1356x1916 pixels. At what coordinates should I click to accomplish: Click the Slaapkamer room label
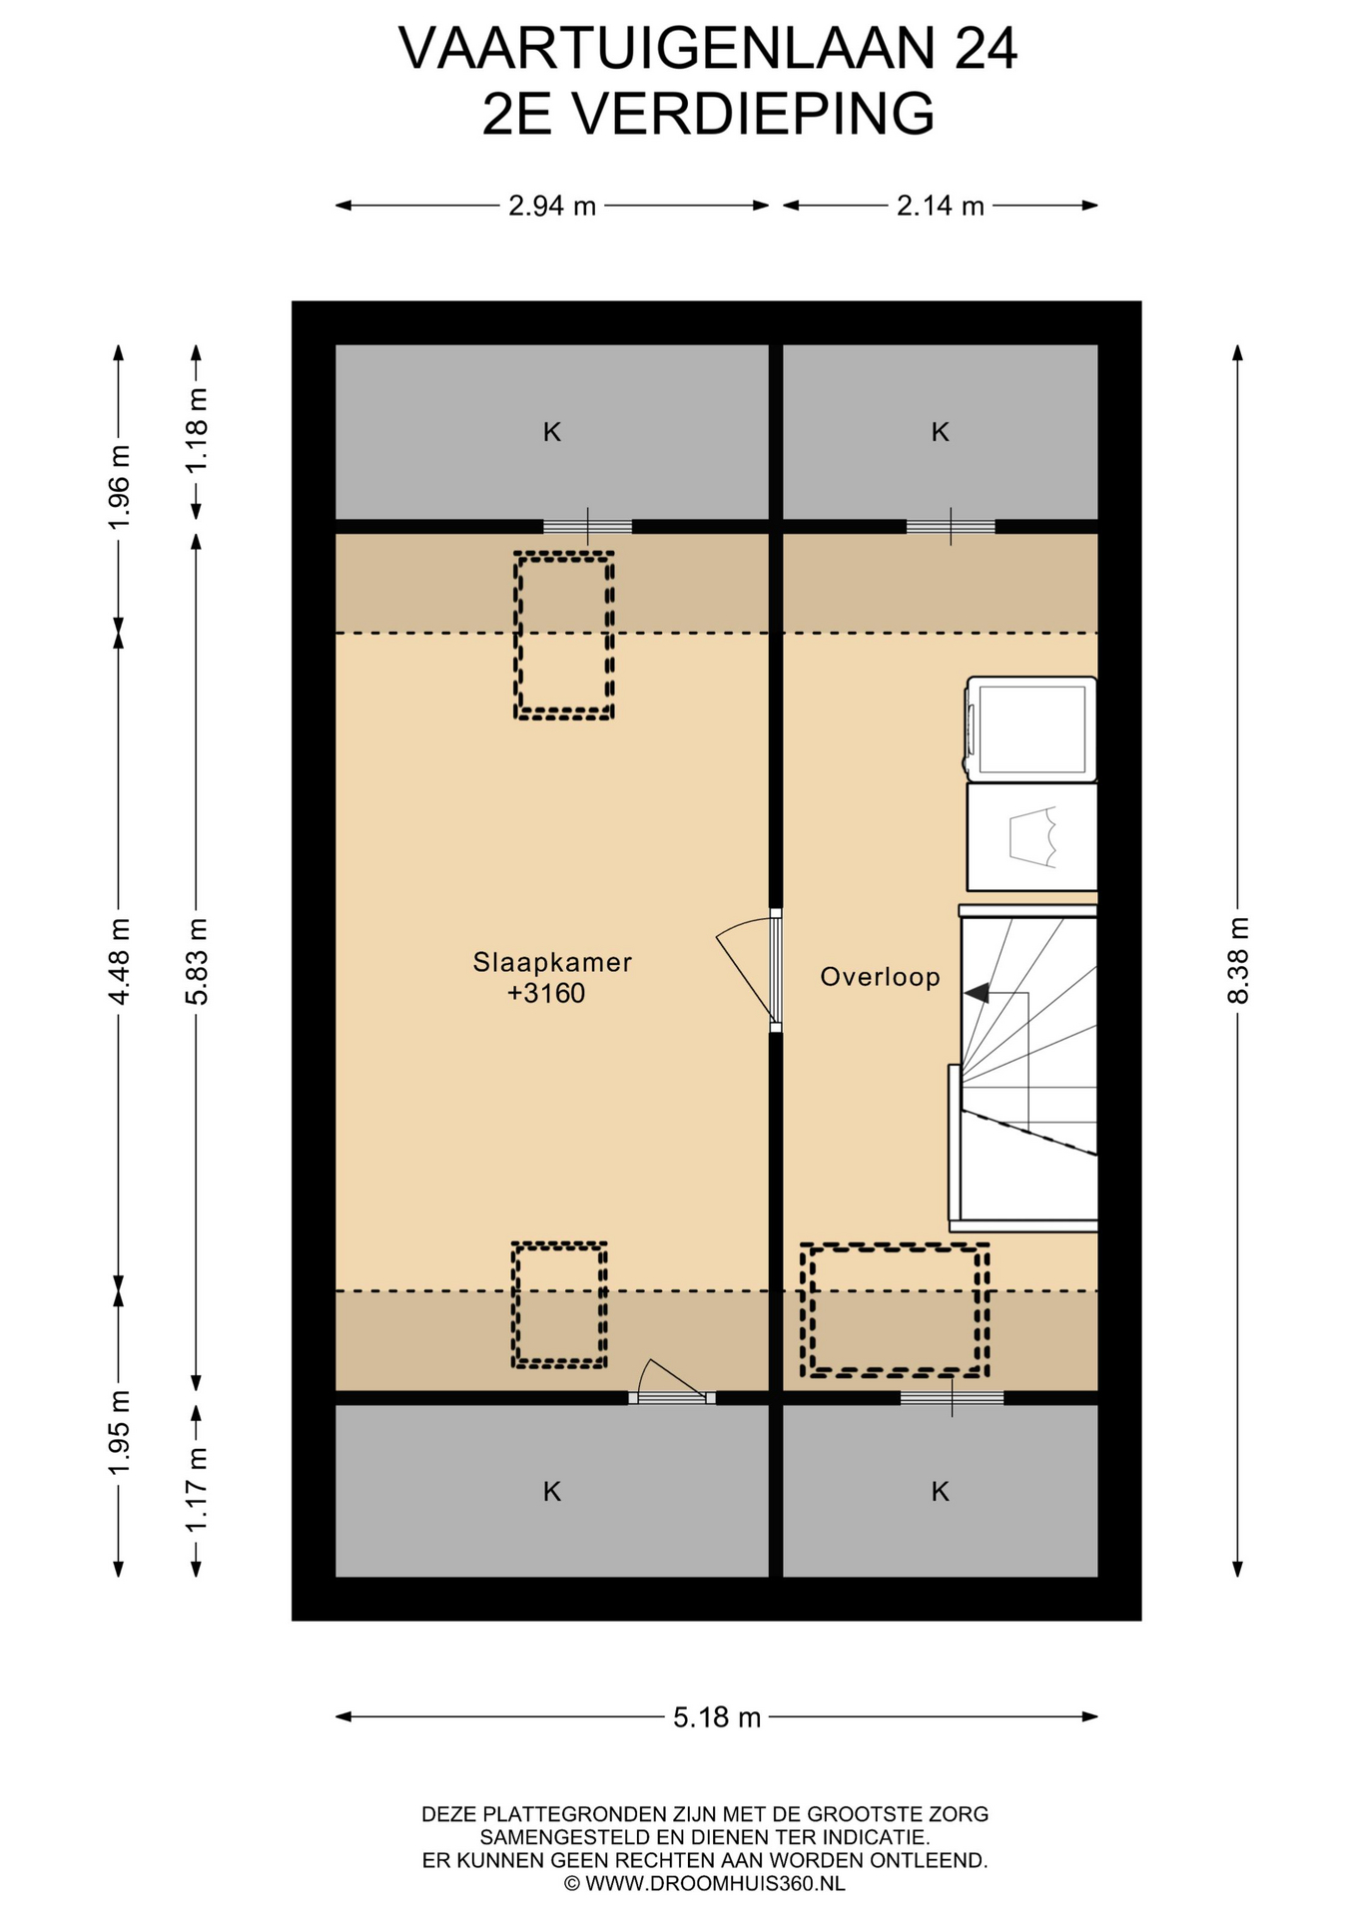point(552,962)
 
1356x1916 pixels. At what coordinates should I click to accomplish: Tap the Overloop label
point(880,977)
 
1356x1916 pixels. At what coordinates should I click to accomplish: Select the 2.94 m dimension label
point(552,206)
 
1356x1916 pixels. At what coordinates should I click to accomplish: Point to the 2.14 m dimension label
point(941,206)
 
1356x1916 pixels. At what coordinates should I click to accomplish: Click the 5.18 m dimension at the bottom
point(717,1717)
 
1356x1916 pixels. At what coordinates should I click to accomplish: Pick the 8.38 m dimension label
point(1238,961)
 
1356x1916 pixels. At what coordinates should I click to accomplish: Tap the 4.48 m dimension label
point(119,962)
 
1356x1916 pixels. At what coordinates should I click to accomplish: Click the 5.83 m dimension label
point(197,962)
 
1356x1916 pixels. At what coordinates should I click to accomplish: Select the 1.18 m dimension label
point(197,431)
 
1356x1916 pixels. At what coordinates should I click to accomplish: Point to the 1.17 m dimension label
point(197,1491)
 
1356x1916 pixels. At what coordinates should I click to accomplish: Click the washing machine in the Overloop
point(1029,728)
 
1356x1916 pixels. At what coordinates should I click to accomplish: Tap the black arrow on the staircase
point(977,993)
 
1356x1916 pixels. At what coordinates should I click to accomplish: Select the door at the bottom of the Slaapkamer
point(672,1382)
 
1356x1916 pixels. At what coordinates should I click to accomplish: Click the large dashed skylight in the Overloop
point(895,1310)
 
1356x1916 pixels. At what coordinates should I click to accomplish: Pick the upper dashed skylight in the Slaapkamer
point(563,636)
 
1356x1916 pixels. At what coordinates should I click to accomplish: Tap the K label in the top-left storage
point(552,432)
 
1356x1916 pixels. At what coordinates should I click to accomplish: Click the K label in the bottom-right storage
point(941,1492)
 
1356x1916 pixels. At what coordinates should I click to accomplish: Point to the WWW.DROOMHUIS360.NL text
point(715,1883)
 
